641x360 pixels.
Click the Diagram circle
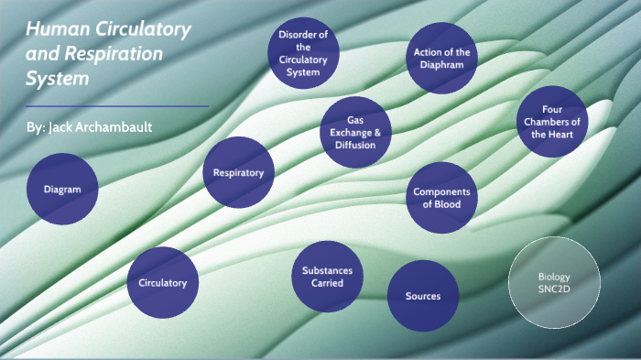point(62,190)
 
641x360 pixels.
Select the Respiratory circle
point(238,172)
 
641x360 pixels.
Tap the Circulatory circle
point(162,282)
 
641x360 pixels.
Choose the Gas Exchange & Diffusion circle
point(355,133)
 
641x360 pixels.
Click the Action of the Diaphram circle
point(441,58)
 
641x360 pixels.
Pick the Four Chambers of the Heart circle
point(552,122)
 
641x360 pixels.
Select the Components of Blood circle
point(441,198)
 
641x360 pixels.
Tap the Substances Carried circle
point(327,277)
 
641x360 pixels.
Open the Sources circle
point(423,296)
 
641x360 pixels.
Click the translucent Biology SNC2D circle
point(554,282)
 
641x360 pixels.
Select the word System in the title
point(58,80)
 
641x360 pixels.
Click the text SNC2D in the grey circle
point(554,289)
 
